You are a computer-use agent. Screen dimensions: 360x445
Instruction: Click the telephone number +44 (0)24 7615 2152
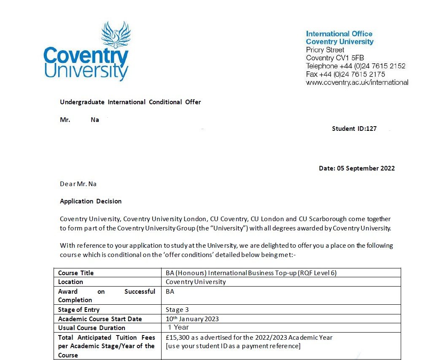pos(356,66)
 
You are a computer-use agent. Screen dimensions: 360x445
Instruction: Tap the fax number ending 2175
pos(345,74)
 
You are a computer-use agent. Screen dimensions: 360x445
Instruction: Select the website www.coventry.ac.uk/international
pos(357,82)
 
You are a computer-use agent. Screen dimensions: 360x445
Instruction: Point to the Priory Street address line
pos(325,50)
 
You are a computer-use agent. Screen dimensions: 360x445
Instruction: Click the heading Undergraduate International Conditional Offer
pos(130,102)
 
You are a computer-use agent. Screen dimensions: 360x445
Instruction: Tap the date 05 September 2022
pos(357,168)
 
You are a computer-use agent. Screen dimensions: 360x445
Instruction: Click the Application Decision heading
pos(91,201)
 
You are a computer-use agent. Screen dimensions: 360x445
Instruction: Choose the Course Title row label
pos(76,273)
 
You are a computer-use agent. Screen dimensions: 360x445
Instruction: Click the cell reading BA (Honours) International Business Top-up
pos(251,273)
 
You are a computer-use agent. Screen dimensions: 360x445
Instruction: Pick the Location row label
pos(70,282)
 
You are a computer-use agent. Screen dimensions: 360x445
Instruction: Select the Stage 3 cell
pos(177,310)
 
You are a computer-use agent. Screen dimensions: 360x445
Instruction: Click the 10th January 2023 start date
pos(192,319)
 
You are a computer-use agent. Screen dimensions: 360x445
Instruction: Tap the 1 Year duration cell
pos(178,328)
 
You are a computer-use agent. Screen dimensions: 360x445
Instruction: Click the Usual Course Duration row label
pos(92,328)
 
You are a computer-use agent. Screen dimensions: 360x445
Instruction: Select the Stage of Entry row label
pos(79,310)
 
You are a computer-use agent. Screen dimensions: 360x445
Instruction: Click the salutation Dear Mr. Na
pos(78,184)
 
